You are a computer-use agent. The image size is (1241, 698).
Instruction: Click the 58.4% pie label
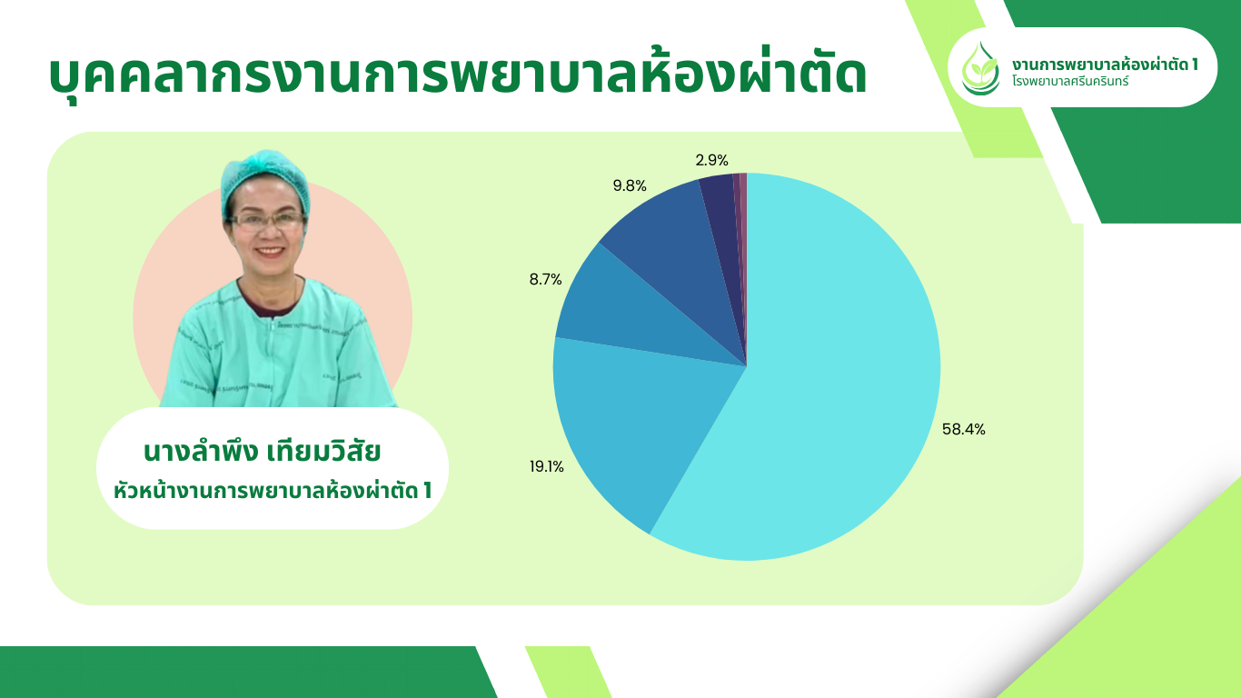pos(963,429)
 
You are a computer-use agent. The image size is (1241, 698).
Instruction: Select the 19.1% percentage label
pos(546,467)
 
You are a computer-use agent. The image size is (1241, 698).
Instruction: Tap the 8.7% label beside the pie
pos(545,279)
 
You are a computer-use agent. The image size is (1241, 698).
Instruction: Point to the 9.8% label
pos(630,185)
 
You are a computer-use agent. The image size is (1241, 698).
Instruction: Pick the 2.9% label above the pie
pos(712,160)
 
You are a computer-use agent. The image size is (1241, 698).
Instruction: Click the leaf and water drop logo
pos(980,69)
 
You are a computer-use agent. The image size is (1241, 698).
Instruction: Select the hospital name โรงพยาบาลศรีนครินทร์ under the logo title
pos(1070,82)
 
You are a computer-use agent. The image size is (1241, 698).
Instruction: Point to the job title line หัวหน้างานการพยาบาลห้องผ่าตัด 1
pos(273,490)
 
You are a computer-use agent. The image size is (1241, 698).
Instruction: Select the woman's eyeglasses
pos(267,221)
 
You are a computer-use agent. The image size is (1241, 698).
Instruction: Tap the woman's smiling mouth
pos(271,251)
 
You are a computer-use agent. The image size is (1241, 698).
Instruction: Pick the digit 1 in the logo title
pos(1194,65)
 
